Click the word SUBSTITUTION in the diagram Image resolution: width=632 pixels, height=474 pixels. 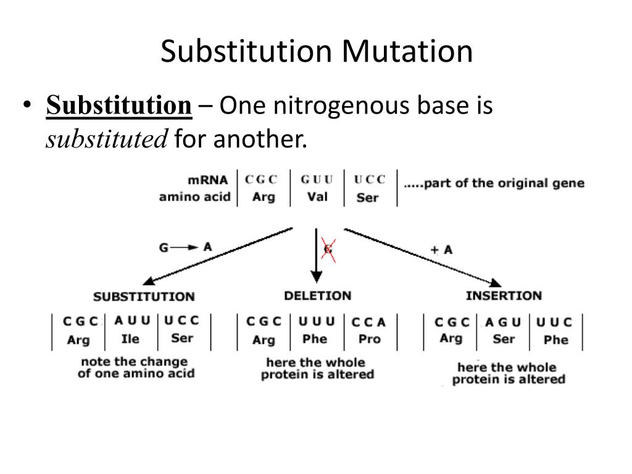(144, 296)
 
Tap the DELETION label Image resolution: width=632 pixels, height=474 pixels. (317, 296)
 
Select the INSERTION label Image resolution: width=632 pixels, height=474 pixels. (504, 295)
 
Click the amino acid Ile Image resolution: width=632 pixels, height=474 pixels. (130, 338)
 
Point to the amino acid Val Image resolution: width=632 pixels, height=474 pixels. (317, 197)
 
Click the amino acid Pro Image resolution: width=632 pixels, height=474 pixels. (370, 339)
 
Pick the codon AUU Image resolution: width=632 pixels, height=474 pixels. (132, 321)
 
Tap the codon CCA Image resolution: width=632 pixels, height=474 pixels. (368, 322)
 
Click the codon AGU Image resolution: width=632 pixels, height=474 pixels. (503, 322)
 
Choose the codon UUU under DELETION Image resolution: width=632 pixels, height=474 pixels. (317, 322)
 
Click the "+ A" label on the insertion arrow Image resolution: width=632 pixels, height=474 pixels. (441, 249)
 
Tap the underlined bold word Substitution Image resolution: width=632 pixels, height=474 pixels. (119, 106)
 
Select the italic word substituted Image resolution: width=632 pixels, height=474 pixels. (107, 140)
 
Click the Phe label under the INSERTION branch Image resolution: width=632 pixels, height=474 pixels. (555, 339)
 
